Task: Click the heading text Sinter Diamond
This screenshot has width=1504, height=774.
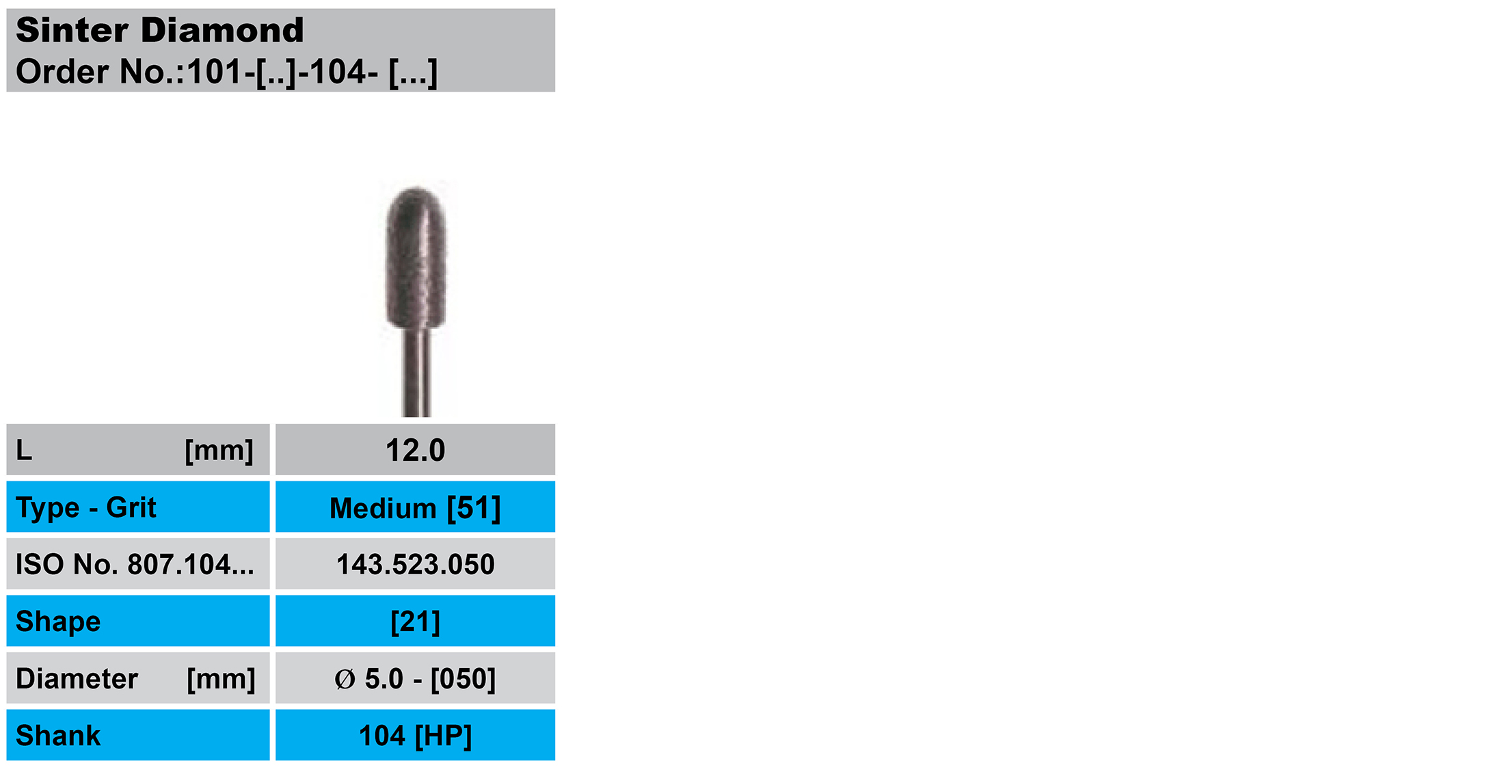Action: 159,30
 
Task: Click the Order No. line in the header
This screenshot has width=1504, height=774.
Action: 226,72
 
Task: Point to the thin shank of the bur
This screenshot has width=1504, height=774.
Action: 416,373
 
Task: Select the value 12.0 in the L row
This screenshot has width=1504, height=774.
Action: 415,451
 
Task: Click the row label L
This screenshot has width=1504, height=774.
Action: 24,451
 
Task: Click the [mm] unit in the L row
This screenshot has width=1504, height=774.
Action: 219,451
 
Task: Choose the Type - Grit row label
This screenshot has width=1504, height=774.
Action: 86,507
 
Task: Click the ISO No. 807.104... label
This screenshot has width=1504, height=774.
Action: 135,565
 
